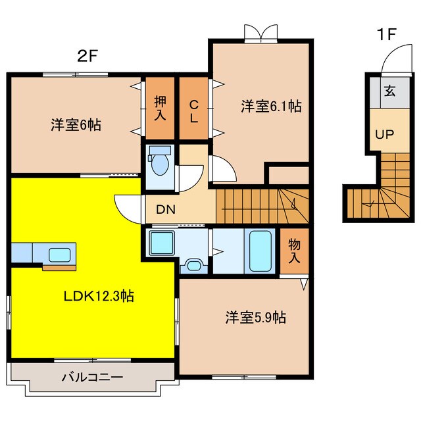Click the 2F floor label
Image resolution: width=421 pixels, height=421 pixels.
[87, 56]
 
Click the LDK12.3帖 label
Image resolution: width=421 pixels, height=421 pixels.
[99, 296]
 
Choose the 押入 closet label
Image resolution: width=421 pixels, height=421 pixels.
[161, 109]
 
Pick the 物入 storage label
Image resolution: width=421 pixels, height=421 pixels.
[295, 251]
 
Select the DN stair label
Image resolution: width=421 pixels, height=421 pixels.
[164, 210]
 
